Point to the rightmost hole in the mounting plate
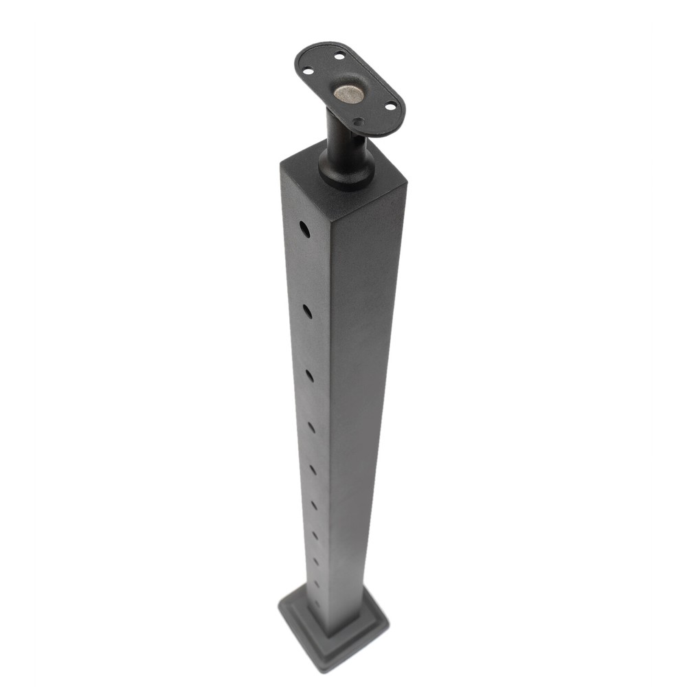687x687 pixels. [391, 106]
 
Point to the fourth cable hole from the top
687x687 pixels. [311, 427]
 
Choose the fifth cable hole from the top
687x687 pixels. [313, 470]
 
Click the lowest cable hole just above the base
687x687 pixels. [317, 604]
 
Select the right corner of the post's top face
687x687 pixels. [406, 182]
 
